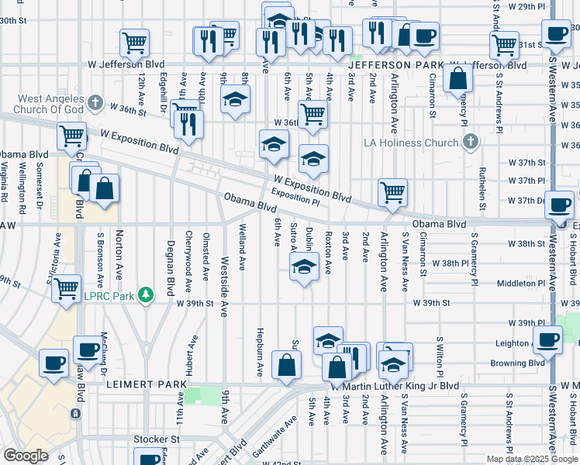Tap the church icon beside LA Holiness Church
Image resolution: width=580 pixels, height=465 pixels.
[x=470, y=141]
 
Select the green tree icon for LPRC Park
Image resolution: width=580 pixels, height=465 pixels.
[x=144, y=295]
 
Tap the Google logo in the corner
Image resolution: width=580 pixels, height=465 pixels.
[x=26, y=456]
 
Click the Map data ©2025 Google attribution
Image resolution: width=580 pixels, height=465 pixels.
[x=532, y=459]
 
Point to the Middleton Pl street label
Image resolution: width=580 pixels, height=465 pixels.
[x=506, y=283]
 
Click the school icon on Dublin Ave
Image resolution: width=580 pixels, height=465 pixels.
[x=304, y=267]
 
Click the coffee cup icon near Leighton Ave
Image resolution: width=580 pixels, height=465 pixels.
[x=549, y=339]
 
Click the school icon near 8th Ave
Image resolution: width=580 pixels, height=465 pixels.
[x=235, y=98]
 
